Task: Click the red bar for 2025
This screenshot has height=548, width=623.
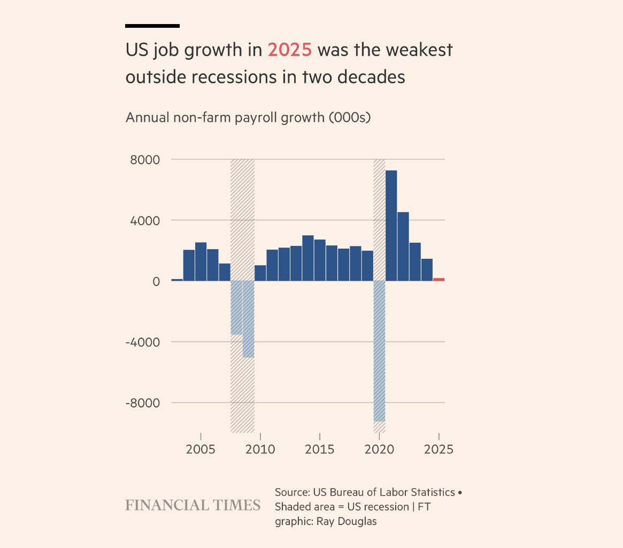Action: pos(439,279)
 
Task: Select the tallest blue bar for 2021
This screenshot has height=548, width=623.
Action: pos(391,225)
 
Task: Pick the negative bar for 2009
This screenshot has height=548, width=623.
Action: pos(248,319)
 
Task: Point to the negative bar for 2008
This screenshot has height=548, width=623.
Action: pos(236,307)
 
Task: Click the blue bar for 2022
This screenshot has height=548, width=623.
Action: pos(403,246)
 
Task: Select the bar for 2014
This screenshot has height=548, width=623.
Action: pos(308,258)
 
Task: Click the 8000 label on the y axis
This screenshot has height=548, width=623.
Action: pos(145,160)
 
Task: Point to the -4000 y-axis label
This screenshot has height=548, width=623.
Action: pos(142,342)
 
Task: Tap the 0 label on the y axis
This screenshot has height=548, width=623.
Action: pos(156,281)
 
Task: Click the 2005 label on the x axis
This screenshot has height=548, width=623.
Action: pos(201,449)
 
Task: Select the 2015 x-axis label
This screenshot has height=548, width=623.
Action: pos(320,449)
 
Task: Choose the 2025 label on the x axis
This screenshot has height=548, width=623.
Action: pos(439,449)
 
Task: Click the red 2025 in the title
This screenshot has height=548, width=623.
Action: pos(289,50)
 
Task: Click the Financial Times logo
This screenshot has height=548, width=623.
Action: pos(193,505)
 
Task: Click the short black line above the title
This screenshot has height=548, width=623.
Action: pos(152,26)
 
